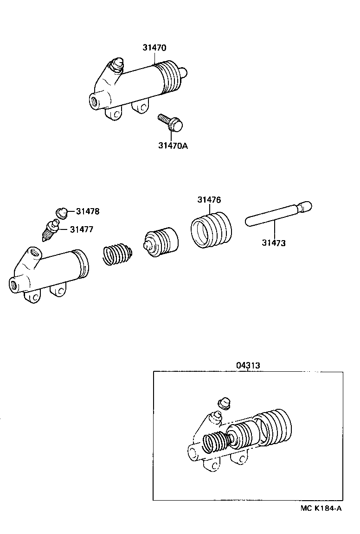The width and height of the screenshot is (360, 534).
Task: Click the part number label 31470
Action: [154, 48]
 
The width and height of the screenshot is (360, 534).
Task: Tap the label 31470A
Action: [173, 146]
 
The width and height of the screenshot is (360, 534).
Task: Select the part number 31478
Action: [88, 212]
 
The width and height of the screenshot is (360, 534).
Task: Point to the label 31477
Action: [82, 229]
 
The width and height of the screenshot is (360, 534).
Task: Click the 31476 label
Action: [209, 200]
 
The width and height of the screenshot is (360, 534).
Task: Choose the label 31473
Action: [273, 242]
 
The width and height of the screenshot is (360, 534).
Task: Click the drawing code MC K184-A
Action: [321, 508]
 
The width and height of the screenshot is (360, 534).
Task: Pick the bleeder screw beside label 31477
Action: [50, 230]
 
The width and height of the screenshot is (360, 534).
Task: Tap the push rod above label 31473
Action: [277, 214]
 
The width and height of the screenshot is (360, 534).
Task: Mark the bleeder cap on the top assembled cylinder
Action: [118, 64]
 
